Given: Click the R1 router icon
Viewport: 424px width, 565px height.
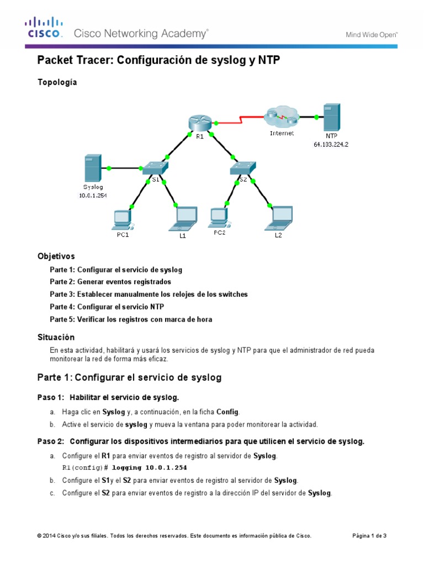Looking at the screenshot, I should (195, 122).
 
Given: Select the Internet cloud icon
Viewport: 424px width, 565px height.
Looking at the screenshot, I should (280, 118).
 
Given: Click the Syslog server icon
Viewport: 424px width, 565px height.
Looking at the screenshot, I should (92, 168).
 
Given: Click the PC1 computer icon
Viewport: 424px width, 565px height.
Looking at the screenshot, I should (121, 219).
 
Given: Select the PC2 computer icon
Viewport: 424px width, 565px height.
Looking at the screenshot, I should (219, 218).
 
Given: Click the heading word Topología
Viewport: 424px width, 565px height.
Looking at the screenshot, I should (57, 82).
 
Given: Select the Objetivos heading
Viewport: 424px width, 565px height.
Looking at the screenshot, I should (56, 256).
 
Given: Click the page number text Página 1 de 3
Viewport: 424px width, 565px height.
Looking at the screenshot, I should (369, 535).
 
